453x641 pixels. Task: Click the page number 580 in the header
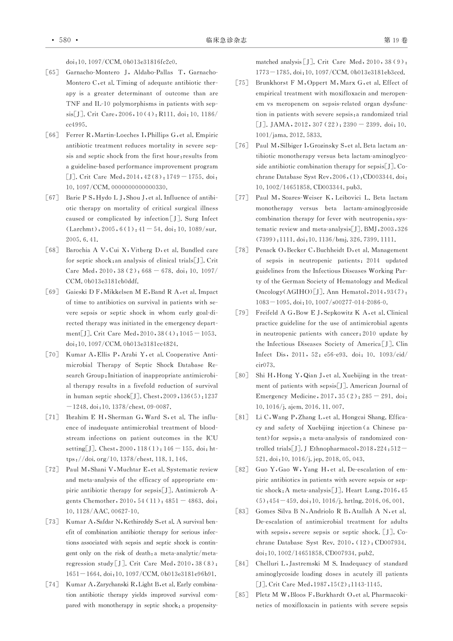[65, 40]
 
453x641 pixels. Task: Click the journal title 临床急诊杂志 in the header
[226, 40]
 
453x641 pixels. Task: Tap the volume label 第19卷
[395, 40]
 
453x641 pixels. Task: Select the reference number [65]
[52, 73]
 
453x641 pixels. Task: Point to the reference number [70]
[52, 355]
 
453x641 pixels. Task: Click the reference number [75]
[242, 83]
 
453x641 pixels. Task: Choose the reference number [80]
[242, 376]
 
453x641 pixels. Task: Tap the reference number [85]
[242, 595]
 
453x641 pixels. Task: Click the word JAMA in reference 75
[280, 125]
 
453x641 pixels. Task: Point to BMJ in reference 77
[371, 229]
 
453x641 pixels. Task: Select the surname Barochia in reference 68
[79, 250]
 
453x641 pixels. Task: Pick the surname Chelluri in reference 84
[268, 564]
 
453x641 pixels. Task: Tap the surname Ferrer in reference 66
[75, 135]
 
